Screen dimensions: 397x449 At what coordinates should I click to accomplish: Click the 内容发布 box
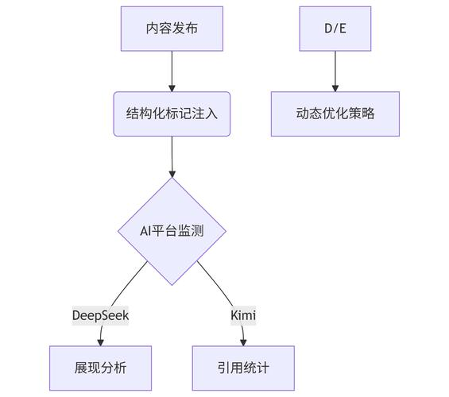coord(172,28)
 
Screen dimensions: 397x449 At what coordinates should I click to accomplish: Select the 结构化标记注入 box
coord(172,114)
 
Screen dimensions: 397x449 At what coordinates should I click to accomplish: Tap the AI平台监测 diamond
coord(172,231)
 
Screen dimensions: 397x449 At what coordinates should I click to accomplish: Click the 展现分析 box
coord(100,368)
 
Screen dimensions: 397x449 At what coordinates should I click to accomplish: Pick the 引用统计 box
coord(243,368)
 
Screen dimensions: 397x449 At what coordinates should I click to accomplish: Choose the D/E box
coord(335,28)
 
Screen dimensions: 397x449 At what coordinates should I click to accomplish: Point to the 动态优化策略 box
coord(335,114)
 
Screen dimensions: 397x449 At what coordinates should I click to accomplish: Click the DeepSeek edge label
coord(100,315)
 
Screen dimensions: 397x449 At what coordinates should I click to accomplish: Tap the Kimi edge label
coord(243,315)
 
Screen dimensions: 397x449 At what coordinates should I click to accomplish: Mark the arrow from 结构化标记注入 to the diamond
coord(172,155)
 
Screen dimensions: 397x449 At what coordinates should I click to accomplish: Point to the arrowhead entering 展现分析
coord(101,342)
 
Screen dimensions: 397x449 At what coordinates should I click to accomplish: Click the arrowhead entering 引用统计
coord(243,342)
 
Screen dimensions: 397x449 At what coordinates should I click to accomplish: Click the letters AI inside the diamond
coord(146,231)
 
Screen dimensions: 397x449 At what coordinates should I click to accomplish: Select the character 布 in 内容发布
coord(192,28)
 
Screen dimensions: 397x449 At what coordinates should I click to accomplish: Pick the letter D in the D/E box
coord(327,28)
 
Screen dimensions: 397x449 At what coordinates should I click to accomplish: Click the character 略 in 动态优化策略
coord(367,114)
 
